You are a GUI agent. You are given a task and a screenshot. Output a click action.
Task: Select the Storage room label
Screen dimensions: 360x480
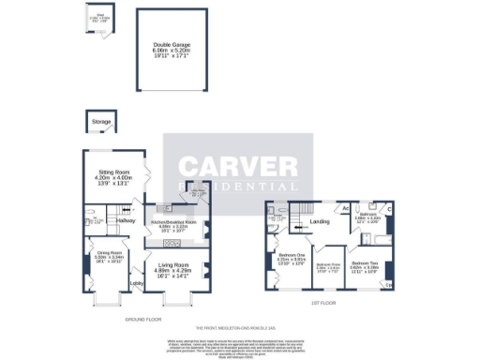click(100, 122)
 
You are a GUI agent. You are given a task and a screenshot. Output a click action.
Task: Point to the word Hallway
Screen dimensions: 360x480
click(114, 220)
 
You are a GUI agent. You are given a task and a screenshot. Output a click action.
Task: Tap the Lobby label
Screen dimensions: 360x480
click(135, 283)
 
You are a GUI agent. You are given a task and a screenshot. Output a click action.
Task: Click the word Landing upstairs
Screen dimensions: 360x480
click(320, 221)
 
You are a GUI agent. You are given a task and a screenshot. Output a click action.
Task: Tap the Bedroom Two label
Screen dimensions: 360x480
click(365, 263)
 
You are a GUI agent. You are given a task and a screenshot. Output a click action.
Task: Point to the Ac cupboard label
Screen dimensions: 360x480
click(345, 207)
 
